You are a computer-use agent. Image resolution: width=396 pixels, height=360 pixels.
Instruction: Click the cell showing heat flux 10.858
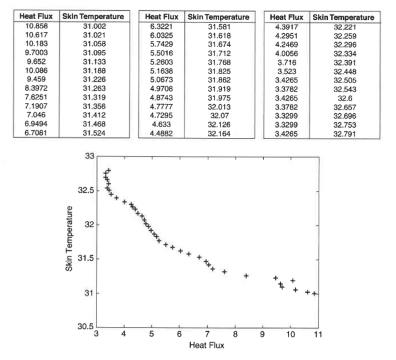pos(36,26)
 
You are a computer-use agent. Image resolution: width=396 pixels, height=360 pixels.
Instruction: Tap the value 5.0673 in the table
pos(162,80)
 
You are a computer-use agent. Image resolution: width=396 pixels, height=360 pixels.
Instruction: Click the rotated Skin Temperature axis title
pos(70,239)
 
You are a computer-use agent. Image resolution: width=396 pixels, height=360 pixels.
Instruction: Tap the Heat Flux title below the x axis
pos(207,345)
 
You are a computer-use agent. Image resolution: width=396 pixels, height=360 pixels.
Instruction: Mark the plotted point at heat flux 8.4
pos(246,276)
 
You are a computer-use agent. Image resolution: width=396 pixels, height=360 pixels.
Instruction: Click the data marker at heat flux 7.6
pos(224,272)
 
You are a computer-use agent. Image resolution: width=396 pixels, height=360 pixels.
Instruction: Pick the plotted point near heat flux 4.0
pos(125,201)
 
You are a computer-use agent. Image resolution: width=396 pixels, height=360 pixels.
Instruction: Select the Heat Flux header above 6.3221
pos(162,17)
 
